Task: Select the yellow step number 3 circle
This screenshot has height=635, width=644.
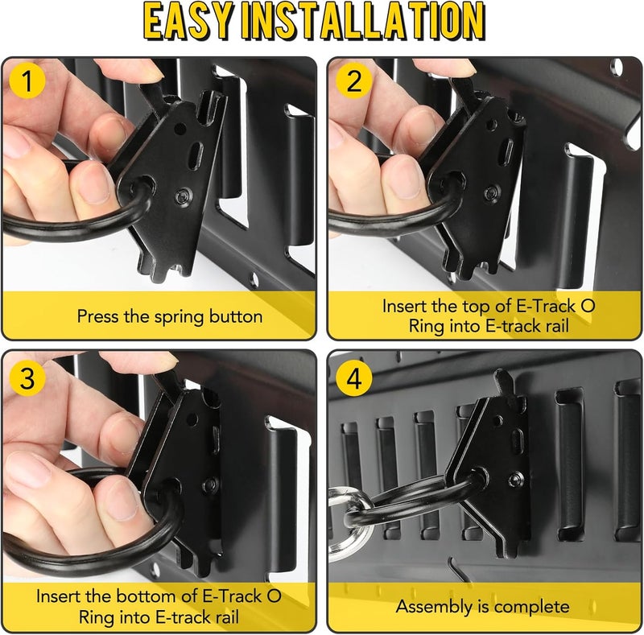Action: tap(28, 378)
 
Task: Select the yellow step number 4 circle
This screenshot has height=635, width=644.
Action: tap(353, 378)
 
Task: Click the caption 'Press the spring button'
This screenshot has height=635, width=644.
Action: tap(170, 316)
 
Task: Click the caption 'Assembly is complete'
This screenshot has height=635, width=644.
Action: tap(483, 606)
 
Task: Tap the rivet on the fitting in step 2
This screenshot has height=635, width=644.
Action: tap(490, 192)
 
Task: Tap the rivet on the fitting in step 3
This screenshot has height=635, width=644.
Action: tap(211, 485)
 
